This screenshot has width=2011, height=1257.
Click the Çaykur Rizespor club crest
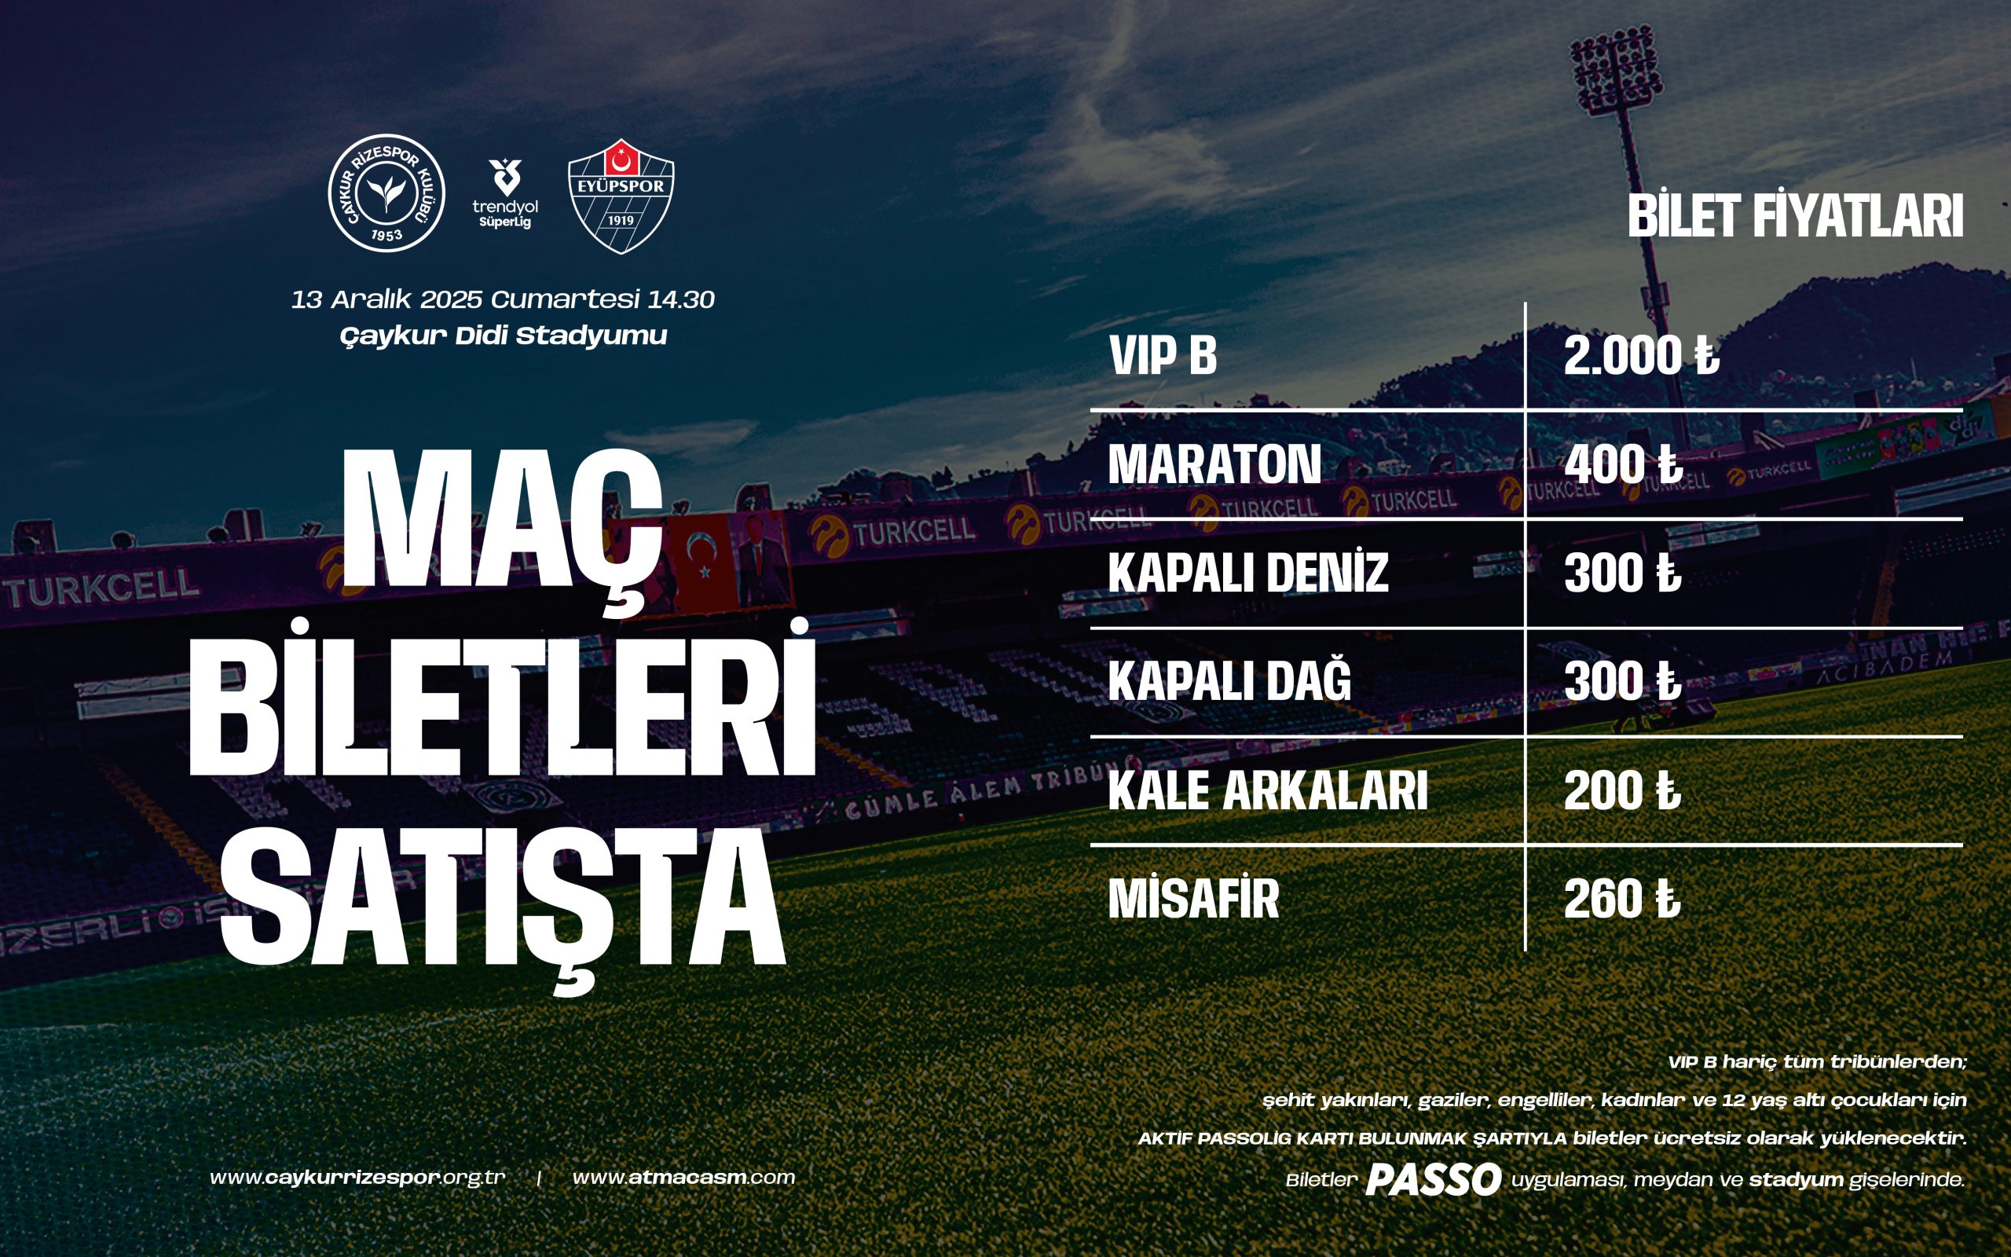point(386,194)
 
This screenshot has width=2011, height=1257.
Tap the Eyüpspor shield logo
point(621,196)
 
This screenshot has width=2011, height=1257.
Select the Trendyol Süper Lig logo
point(505,194)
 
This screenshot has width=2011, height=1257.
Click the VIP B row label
point(1163,356)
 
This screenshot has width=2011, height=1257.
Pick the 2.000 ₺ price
point(1641,356)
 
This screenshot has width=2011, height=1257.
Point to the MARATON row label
point(1214,464)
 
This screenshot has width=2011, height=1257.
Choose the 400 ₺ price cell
point(1623,464)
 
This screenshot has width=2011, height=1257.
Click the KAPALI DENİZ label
point(1248,572)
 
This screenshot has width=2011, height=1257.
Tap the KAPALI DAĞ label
point(1230,680)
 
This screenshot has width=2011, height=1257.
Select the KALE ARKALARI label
point(1268,790)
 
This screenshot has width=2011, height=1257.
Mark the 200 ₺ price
point(1622,790)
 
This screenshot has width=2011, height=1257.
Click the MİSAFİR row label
point(1193,898)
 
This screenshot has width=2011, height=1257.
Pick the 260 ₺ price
point(1622,899)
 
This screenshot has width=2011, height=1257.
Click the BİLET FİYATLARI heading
point(1795,216)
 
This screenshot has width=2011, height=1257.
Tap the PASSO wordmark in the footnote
point(1434,1180)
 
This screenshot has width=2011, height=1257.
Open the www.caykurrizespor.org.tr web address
point(357,1178)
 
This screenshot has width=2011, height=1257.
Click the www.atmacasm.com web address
point(684,1177)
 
